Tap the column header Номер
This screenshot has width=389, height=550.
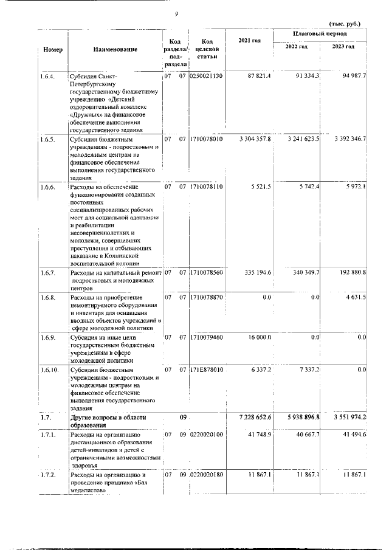coord(53,49)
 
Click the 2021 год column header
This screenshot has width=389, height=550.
coord(250,41)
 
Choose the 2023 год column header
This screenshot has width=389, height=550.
coord(344,47)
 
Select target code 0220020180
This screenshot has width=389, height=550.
coord(208,474)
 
